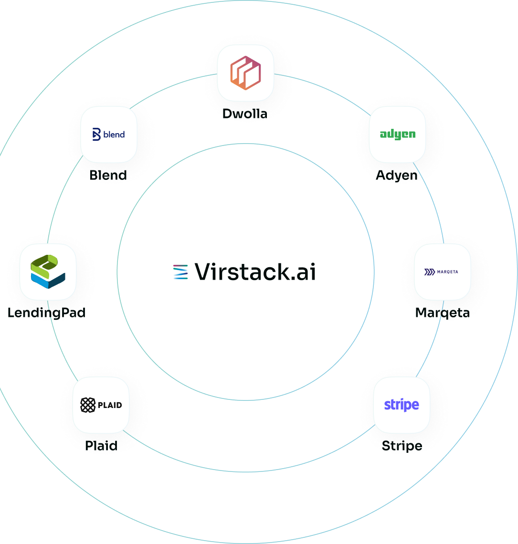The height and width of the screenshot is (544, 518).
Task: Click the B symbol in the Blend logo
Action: click(x=96, y=135)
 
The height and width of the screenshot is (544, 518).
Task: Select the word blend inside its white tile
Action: click(x=114, y=135)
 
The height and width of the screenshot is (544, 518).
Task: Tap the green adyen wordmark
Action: click(x=397, y=135)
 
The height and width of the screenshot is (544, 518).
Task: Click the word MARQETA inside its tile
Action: click(x=448, y=272)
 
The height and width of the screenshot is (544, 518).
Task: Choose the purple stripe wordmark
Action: click(x=402, y=405)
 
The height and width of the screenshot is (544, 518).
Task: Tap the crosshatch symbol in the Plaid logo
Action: click(x=88, y=405)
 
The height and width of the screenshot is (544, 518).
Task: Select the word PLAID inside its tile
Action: click(x=110, y=405)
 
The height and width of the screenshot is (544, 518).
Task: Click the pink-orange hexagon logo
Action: click(x=245, y=73)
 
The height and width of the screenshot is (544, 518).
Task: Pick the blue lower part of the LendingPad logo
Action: click(x=47, y=282)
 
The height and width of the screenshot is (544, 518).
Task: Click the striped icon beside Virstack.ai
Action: click(x=180, y=272)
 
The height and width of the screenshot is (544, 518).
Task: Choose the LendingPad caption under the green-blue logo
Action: click(x=46, y=313)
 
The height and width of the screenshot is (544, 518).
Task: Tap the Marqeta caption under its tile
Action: click(x=442, y=313)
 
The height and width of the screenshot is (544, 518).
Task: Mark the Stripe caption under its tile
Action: click(x=402, y=446)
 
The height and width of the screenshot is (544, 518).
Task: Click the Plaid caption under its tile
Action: click(x=101, y=446)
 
